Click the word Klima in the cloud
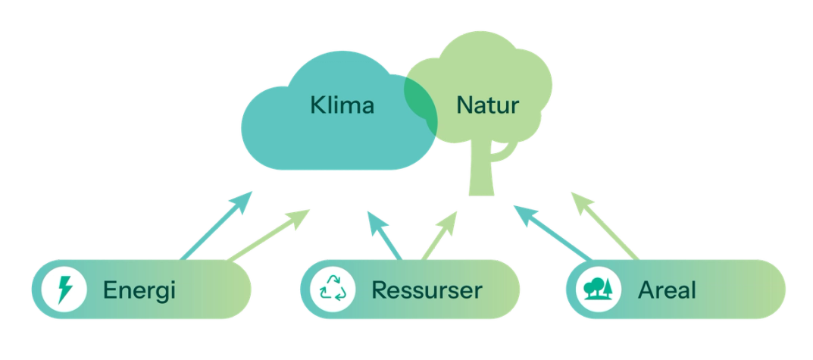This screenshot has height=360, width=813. (342, 105)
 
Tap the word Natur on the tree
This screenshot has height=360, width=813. (488, 105)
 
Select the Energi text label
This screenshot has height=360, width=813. (139, 290)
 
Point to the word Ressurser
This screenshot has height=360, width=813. (427, 290)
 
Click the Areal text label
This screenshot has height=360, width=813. (667, 290)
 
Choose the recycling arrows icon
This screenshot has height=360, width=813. (335, 290)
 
